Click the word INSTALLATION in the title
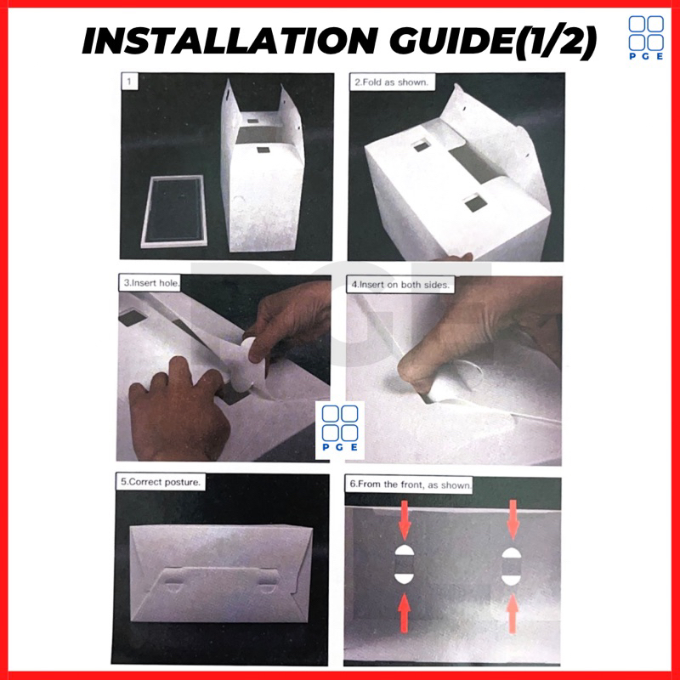click(230, 41)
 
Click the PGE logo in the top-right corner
click(646, 37)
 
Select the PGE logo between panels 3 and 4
click(340, 428)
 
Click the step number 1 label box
click(129, 82)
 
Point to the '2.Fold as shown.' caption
click(392, 82)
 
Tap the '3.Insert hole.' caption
click(150, 283)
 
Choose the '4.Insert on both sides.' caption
click(400, 285)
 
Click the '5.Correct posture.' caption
click(161, 482)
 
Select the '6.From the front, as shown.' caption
click(410, 484)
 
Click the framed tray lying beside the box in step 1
click(173, 211)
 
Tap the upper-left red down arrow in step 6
click(405, 519)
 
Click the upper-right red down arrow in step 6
click(513, 519)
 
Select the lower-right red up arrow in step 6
click(513, 613)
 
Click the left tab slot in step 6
click(405, 565)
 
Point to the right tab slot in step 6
click(512, 566)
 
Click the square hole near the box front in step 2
click(474, 203)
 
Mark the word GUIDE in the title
click(452, 41)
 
